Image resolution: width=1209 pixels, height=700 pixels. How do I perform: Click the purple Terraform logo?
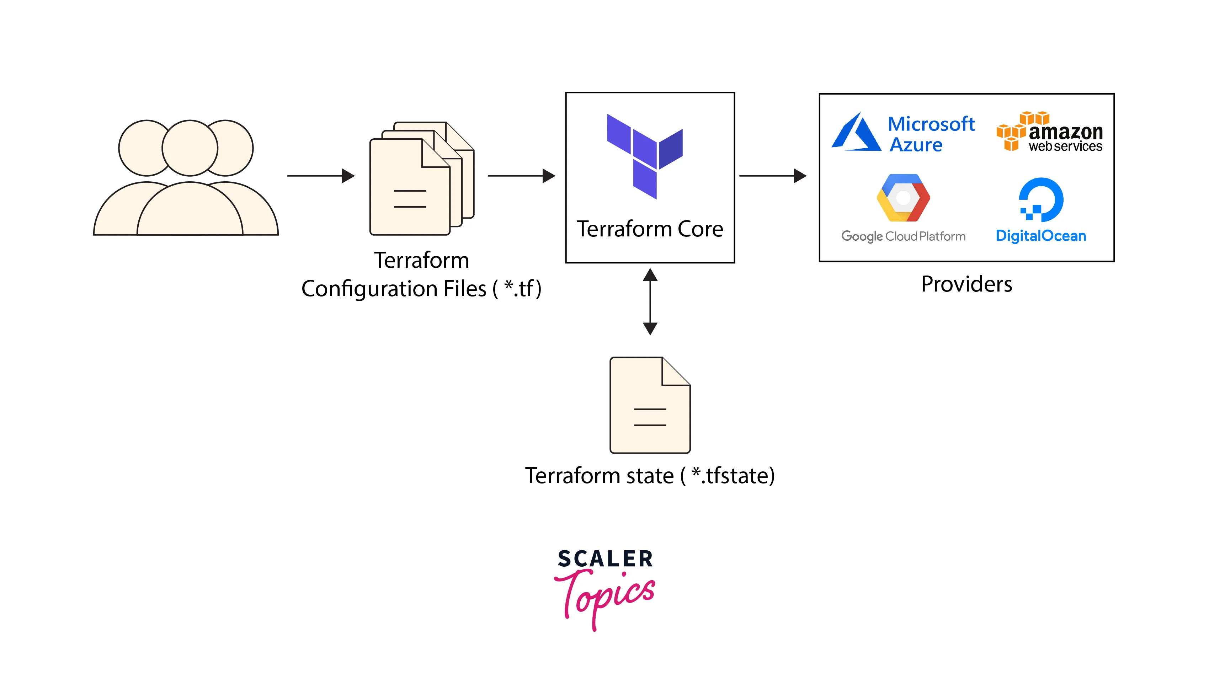coord(644,156)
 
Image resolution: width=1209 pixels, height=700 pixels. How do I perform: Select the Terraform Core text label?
coord(650,229)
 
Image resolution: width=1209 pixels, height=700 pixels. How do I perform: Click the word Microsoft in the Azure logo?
coord(931,124)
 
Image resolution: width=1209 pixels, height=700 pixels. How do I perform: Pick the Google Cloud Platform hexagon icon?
coord(903,198)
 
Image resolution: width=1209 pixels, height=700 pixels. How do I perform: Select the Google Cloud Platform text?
coord(903,236)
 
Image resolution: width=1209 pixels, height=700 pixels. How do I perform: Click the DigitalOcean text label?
coord(1040,236)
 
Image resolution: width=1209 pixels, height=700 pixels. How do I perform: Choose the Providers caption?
coord(966,284)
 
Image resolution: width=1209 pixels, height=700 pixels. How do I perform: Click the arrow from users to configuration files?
coord(320,176)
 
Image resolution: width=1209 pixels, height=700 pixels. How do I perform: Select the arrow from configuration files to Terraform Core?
coord(521,176)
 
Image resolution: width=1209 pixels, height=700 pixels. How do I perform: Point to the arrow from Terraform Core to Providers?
coord(772,176)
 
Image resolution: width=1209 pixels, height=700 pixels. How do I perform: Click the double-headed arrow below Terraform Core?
coord(650,302)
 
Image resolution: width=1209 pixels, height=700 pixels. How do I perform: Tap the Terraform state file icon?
coord(650,405)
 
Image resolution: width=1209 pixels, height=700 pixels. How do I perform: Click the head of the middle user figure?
coord(190,148)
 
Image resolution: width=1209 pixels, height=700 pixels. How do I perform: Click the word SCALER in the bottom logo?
coord(605,559)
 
